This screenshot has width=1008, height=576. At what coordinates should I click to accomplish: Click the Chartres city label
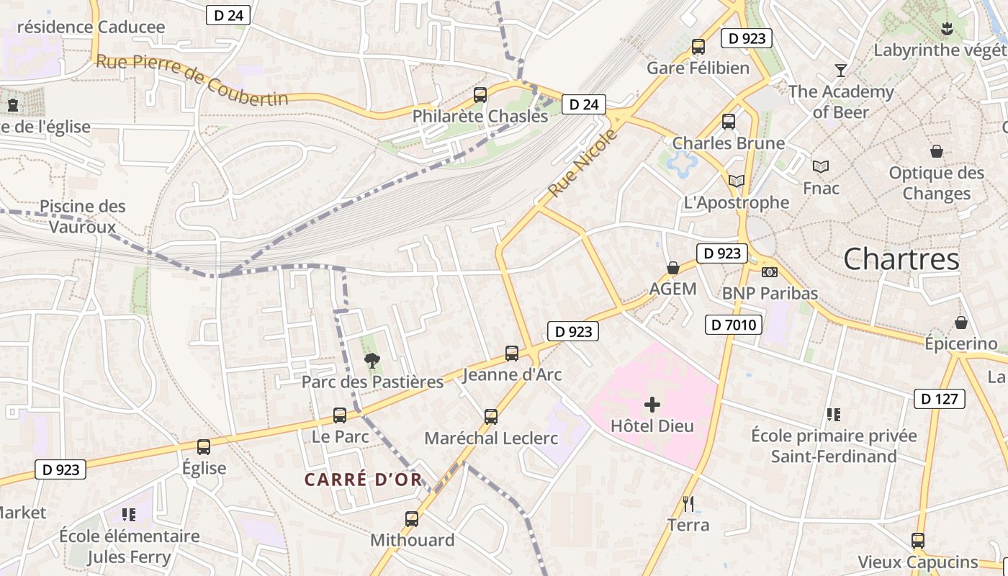tap(901, 259)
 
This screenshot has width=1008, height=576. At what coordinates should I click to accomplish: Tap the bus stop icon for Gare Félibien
tap(698, 47)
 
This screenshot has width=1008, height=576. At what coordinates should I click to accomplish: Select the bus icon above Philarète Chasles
tap(480, 94)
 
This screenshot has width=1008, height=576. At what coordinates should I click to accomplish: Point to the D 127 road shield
tap(939, 399)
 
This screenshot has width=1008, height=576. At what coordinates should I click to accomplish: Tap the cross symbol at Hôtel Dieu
tap(652, 405)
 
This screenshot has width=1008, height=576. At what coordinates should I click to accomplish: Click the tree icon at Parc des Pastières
tap(372, 361)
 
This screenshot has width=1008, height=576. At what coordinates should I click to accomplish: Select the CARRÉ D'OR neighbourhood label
tap(363, 480)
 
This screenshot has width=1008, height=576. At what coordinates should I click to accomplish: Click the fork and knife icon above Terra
tap(688, 503)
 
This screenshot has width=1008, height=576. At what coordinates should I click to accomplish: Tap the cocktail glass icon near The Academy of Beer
tap(840, 70)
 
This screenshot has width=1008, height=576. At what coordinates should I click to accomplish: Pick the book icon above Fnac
tap(820, 167)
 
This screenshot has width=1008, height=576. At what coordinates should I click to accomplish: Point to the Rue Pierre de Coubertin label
tap(192, 81)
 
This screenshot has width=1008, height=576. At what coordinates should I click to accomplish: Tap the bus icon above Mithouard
tap(412, 519)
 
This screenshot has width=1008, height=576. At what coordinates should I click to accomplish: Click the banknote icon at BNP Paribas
tap(770, 272)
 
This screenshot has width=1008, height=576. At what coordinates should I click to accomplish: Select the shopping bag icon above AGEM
tap(673, 268)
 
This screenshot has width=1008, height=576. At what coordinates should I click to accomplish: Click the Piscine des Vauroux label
tap(82, 217)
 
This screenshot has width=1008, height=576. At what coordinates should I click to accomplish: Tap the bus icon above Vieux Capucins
tap(917, 541)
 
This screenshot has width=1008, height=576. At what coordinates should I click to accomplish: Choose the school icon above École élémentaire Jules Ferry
tap(129, 515)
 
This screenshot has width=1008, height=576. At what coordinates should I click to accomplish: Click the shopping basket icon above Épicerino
tap(960, 322)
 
